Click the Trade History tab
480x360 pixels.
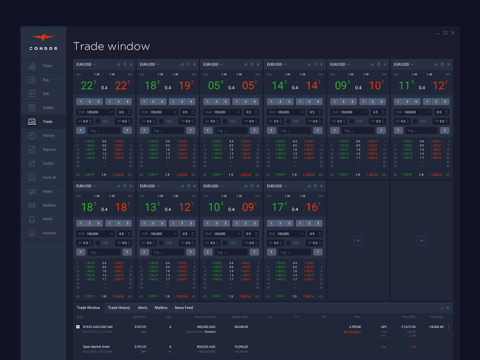[x=119, y=308]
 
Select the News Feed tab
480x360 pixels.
[x=184, y=308]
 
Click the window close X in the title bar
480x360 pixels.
[x=453, y=33]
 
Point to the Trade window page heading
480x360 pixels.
[x=111, y=46]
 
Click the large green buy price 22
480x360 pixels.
[x=88, y=86]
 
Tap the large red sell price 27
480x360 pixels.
[x=122, y=86]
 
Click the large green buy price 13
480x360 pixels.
[x=151, y=208]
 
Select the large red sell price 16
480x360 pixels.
[x=313, y=208]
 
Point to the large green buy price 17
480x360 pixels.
[x=278, y=208]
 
